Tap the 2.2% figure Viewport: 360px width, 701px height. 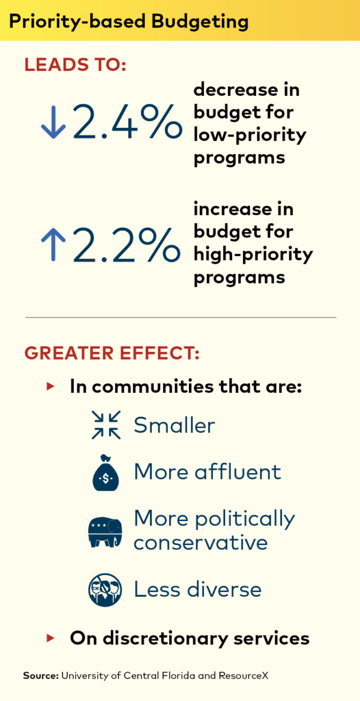point(127,244)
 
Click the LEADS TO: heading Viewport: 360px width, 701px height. point(75,65)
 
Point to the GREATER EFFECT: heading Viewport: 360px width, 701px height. point(112,353)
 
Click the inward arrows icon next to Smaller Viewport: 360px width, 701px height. point(106,425)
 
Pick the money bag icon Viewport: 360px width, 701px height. point(106,473)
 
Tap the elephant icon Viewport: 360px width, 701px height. point(105,531)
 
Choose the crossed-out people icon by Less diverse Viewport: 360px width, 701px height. point(105,589)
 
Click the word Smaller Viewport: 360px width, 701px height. point(174,425)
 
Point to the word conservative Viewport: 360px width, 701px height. point(200,543)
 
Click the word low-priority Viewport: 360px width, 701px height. point(250,134)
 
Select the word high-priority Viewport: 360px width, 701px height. point(253,255)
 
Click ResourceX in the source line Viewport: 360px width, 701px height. point(240,676)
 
